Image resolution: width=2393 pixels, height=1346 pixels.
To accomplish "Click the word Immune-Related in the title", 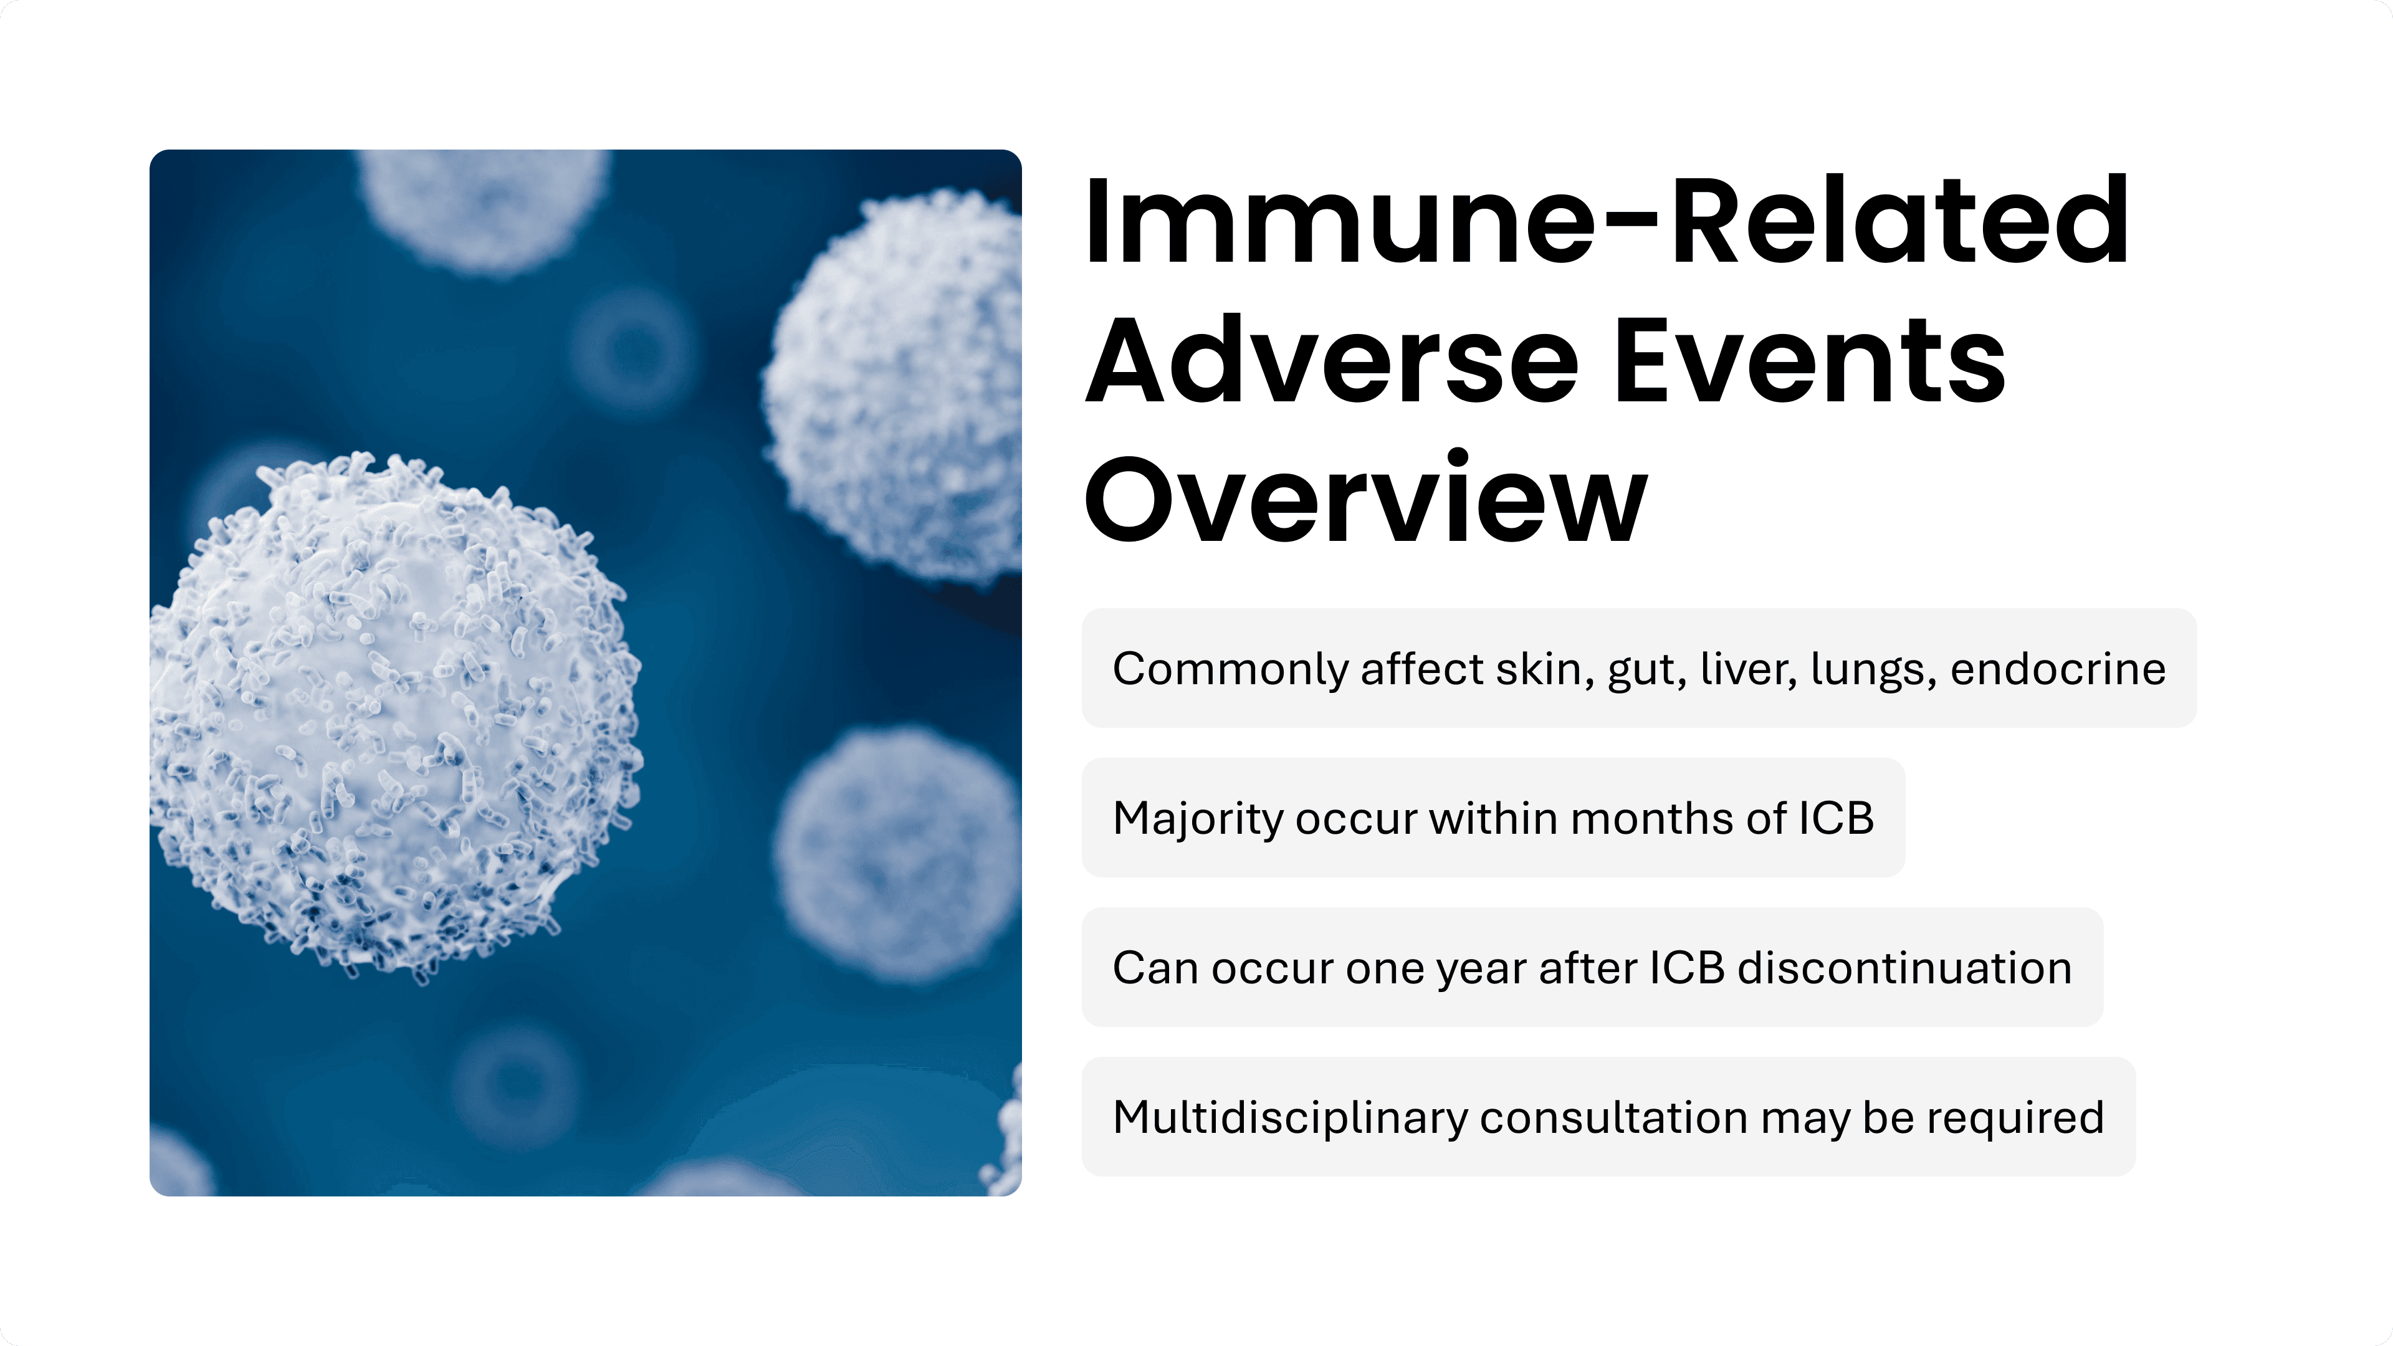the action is (x=1606, y=221).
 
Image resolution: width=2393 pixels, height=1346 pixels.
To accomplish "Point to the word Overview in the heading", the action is (x=1365, y=497).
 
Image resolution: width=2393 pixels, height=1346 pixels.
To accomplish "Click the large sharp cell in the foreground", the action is (x=395, y=715).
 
